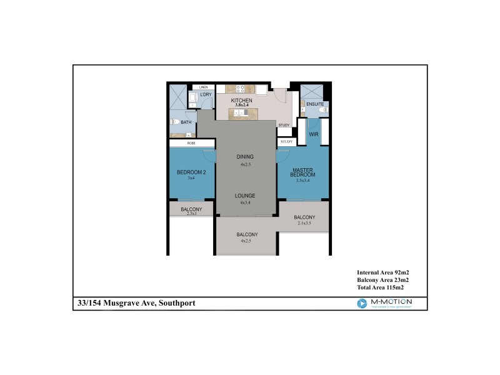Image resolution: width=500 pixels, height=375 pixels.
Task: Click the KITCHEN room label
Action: [x=241, y=101]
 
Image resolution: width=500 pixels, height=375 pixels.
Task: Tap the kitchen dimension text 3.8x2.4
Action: [x=241, y=106]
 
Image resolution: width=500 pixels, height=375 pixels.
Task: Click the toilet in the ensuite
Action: [x=322, y=110]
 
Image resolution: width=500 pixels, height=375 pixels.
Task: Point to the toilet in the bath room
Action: [x=175, y=122]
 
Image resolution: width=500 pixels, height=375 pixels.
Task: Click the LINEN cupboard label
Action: [x=203, y=87]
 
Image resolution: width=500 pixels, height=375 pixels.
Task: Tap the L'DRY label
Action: [x=206, y=95]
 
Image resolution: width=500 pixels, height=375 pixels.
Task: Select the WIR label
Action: [x=314, y=134]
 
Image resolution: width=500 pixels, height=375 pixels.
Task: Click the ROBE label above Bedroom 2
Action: [x=191, y=143]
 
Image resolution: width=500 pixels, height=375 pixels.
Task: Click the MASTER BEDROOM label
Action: [x=302, y=172]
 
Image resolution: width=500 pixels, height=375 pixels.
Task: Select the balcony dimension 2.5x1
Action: [x=191, y=214]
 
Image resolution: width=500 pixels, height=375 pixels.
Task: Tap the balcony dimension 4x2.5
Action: [x=246, y=241]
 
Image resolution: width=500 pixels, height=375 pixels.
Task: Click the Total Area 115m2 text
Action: [x=380, y=288]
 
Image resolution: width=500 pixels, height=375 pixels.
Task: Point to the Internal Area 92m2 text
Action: [x=382, y=273]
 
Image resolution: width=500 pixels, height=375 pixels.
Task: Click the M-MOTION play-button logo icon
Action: [x=361, y=303]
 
